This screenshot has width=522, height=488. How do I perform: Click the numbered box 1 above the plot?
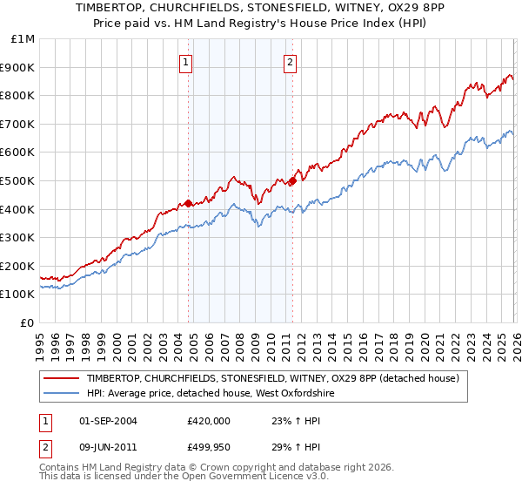pyautogui.click(x=187, y=62)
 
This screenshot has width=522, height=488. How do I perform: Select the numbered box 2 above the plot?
pyautogui.click(x=290, y=62)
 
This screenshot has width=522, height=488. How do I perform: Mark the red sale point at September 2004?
pyautogui.click(x=189, y=203)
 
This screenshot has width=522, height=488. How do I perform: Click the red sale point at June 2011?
pyautogui.click(x=292, y=180)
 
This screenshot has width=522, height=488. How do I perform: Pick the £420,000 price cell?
pyautogui.click(x=208, y=420)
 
